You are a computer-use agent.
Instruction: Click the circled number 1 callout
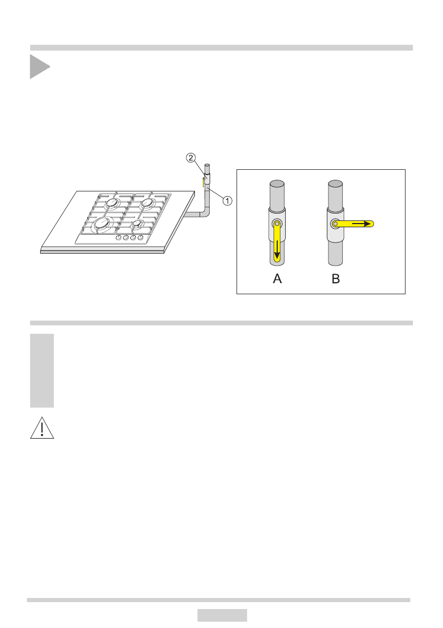pos(227,200)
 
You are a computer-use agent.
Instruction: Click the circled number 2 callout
pos(191,157)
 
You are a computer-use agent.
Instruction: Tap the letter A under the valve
pos(277,279)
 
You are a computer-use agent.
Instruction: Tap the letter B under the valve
pos(336,279)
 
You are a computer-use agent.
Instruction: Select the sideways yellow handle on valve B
pos(354,224)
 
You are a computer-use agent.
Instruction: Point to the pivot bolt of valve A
pos(277,224)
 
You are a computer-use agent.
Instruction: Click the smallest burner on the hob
pos(137,224)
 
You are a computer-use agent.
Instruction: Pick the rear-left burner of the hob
pos(114,204)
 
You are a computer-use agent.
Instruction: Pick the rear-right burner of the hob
pos(148,202)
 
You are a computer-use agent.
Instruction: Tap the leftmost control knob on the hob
pos(119,238)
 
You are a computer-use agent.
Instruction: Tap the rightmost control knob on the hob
pos(140,238)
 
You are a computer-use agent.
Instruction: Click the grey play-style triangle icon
pos(39,66)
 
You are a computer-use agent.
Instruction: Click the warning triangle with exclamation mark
pos(42,428)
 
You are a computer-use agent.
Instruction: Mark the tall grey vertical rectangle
pos(42,370)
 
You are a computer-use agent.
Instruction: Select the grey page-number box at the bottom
pos(222,615)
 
